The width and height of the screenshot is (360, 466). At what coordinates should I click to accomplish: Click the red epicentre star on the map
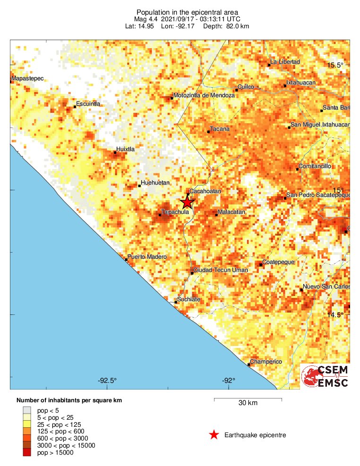click(x=188, y=203)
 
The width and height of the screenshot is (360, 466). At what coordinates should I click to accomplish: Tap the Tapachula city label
click(x=175, y=212)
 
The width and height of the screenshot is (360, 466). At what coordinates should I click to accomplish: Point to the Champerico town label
click(x=266, y=362)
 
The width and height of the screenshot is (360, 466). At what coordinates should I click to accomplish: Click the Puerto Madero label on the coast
click(x=147, y=257)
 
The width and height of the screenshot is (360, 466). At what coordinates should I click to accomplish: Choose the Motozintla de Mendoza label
click(x=204, y=95)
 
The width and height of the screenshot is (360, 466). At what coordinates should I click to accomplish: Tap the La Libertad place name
click(x=285, y=62)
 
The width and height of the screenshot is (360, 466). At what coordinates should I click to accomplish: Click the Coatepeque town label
click(x=278, y=262)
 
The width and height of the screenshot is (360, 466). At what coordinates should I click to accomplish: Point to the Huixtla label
click(x=125, y=149)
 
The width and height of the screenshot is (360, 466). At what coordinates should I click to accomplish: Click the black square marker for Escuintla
click(x=75, y=107)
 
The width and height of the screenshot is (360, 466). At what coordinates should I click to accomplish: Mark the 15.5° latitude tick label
click(x=337, y=65)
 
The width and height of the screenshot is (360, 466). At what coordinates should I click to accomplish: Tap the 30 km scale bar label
click(x=248, y=403)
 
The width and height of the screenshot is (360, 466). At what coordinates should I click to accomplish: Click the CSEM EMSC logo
click(x=325, y=376)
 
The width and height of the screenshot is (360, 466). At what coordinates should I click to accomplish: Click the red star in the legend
click(x=214, y=435)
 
